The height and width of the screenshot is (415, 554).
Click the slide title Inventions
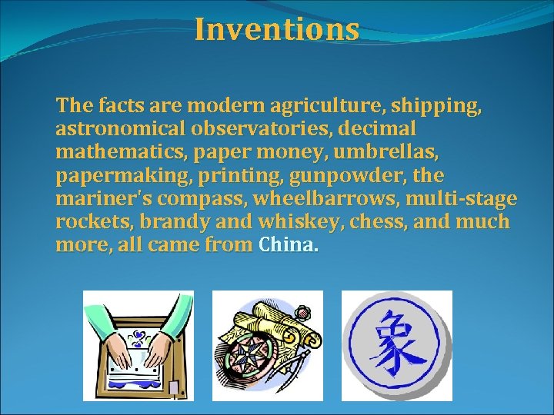277,29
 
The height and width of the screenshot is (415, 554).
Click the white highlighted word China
288,247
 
